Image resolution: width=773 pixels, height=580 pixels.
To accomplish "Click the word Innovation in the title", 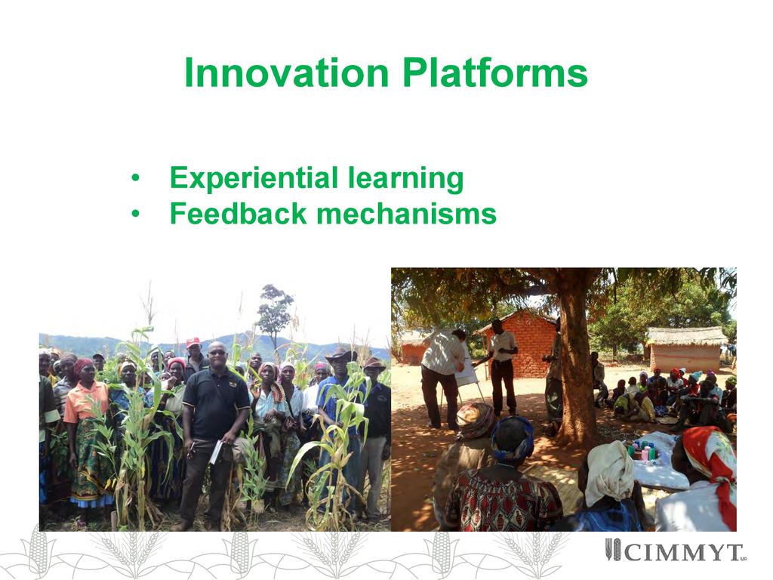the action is click(287, 73).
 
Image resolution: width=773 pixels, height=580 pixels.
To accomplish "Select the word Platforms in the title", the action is click(495, 73).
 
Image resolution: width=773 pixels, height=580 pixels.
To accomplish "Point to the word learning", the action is click(405, 178).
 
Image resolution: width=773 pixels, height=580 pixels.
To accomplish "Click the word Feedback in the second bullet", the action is click(238, 214).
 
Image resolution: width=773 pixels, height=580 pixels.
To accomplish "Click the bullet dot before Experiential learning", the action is click(135, 178).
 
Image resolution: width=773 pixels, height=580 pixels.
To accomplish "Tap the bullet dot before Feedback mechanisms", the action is click(135, 214).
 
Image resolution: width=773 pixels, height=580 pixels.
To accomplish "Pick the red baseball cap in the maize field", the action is click(192, 342).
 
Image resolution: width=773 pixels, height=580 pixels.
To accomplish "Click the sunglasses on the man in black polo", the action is click(217, 352).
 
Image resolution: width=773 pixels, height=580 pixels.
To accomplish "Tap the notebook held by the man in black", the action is click(215, 452).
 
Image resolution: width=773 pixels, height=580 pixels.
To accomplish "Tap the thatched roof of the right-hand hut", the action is click(687, 336).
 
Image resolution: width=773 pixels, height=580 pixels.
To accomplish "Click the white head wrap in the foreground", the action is click(610, 472).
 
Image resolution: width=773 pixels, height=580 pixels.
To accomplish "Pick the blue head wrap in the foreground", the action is click(513, 437).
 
